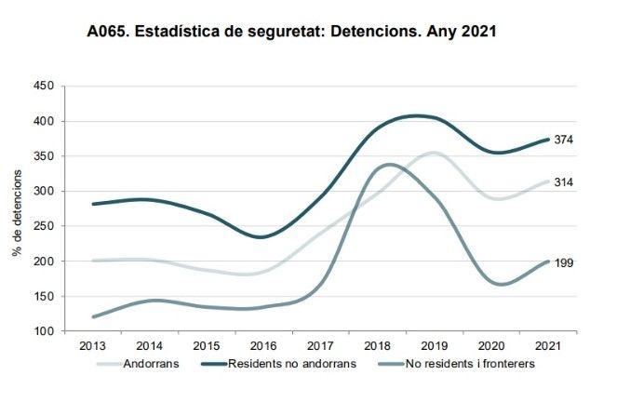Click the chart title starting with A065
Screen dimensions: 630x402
point(291,32)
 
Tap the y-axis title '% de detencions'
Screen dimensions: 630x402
point(17,213)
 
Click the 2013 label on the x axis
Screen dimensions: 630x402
point(92,346)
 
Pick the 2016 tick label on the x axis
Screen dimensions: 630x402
point(263,346)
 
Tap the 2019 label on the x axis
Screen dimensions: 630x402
point(435,346)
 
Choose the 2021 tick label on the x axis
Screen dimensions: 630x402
point(548,346)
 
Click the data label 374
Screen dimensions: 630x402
point(564,140)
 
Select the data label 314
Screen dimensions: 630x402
point(564,182)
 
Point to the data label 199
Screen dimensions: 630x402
point(564,263)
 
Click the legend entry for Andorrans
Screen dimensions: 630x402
point(138,364)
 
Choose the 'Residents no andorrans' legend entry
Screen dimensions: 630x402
point(279,364)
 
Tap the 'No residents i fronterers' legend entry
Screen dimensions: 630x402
point(457,364)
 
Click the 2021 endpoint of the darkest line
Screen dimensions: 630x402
point(548,140)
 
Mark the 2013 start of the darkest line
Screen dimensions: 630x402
point(93,204)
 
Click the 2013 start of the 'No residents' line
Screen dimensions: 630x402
point(93,317)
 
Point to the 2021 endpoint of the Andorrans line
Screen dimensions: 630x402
point(548,181)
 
